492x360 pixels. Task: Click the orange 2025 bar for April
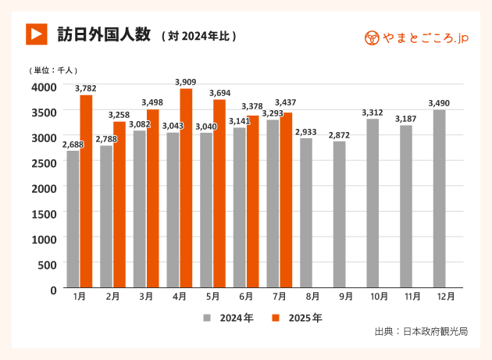[x=186, y=189]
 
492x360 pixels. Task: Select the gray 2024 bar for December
[x=440, y=199]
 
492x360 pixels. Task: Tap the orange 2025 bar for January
[x=86, y=192]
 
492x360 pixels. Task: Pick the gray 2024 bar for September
[x=340, y=215]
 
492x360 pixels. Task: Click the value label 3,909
[x=186, y=82]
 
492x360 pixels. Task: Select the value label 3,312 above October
[x=373, y=112]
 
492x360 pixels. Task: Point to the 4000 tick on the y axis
[x=44, y=87]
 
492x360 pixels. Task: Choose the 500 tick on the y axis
[x=48, y=265]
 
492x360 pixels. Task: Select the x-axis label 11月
[x=412, y=298]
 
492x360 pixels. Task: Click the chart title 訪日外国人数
[x=103, y=35]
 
